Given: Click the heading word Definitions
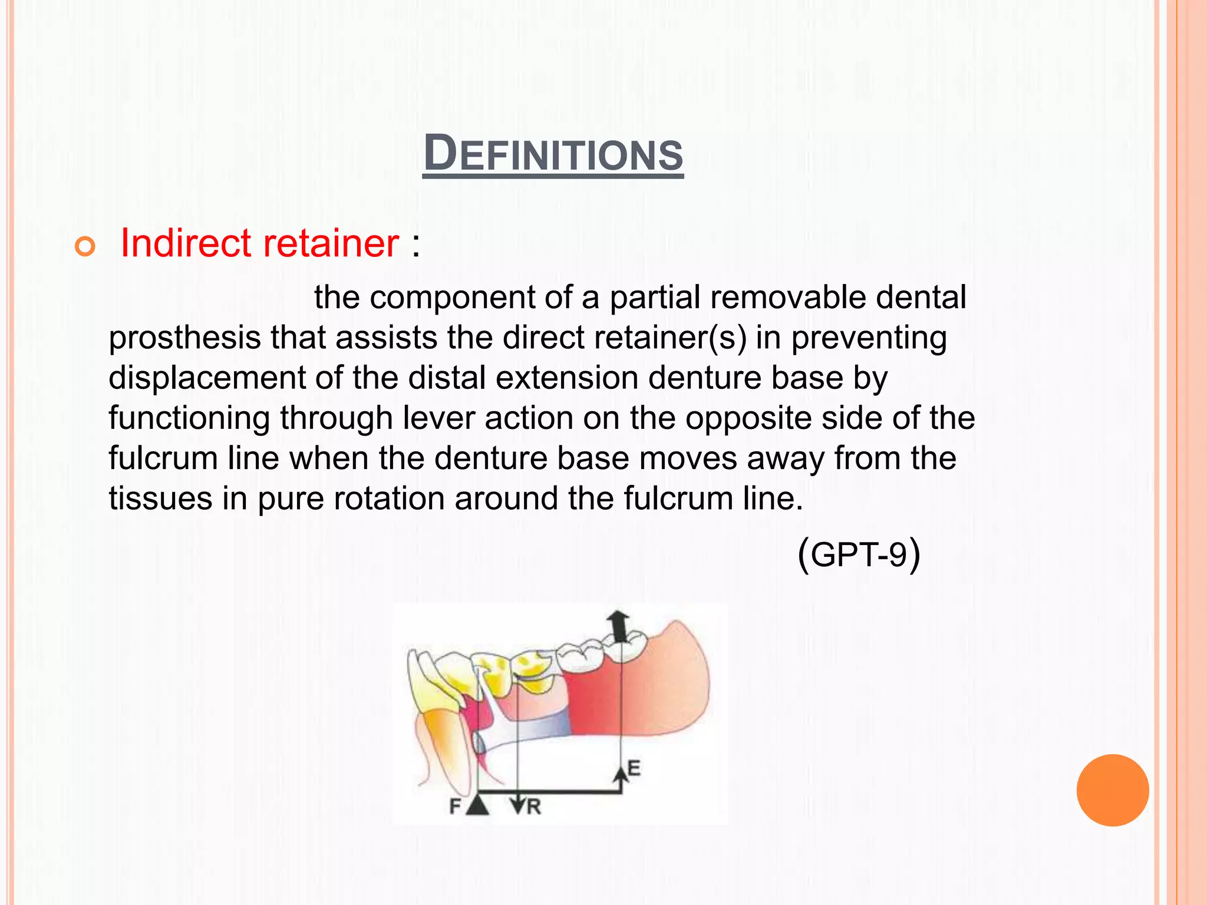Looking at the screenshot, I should [553, 154].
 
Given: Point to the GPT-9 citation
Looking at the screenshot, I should [858, 554].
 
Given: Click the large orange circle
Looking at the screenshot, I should [1112, 790].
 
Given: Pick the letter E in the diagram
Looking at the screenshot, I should [634, 768].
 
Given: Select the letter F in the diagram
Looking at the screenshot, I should [455, 805].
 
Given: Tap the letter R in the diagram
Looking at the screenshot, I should [534, 807].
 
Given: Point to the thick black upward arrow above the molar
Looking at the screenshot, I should [618, 626].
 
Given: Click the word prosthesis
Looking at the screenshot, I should [184, 339].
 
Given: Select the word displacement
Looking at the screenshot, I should [207, 378].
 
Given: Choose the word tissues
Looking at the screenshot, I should [160, 498].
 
